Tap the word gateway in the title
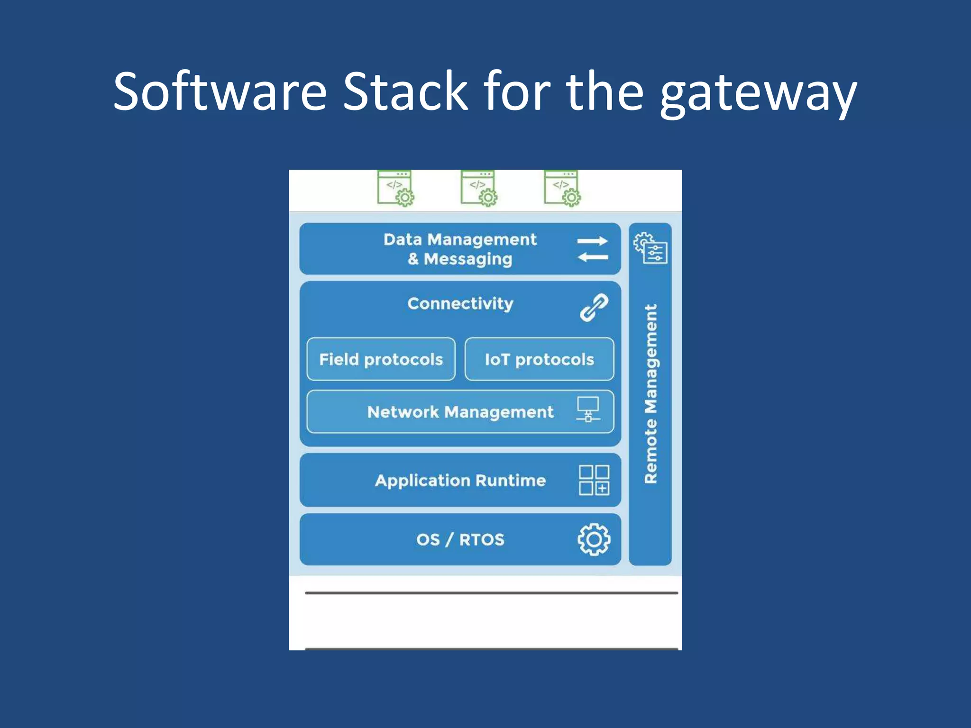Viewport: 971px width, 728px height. pyautogui.click(x=758, y=93)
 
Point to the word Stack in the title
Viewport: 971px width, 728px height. pyautogui.click(x=405, y=91)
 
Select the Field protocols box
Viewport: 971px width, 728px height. pyautogui.click(x=381, y=359)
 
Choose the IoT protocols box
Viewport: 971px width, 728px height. pyautogui.click(x=539, y=359)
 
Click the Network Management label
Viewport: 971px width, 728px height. pyautogui.click(x=460, y=412)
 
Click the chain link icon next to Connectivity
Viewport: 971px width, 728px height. pyautogui.click(x=594, y=308)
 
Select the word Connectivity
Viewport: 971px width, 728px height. pyautogui.click(x=460, y=303)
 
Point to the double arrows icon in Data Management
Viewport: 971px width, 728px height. pyautogui.click(x=592, y=249)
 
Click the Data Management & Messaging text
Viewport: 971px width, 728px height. pyautogui.click(x=460, y=249)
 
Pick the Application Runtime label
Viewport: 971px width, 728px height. pyautogui.click(x=460, y=481)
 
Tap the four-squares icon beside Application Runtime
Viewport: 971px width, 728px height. pyautogui.click(x=594, y=480)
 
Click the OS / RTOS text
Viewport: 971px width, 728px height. pyautogui.click(x=460, y=539)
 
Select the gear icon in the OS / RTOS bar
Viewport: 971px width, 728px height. pyautogui.click(x=594, y=539)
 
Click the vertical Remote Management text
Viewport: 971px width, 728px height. pyautogui.click(x=650, y=393)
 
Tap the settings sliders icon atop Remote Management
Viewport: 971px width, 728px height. pyautogui.click(x=650, y=248)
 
